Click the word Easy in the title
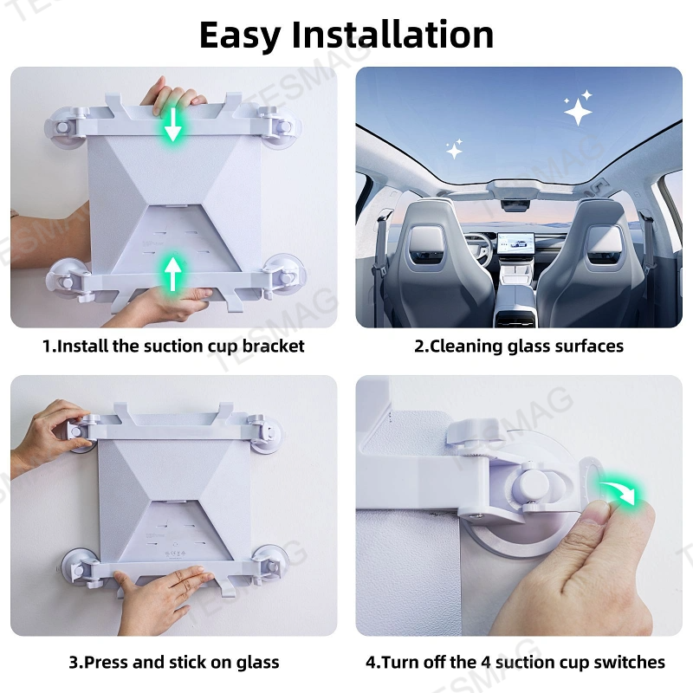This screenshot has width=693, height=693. (240, 35)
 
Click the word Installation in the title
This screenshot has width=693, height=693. (392, 35)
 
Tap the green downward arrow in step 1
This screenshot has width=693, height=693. (173, 126)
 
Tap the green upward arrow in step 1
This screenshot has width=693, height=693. (173, 272)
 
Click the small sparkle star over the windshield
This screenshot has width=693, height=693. (454, 150)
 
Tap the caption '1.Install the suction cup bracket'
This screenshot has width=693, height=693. (173, 346)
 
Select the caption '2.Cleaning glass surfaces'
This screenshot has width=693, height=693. (519, 346)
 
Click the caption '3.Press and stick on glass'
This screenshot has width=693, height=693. (173, 663)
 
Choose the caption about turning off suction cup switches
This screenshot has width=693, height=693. (515, 663)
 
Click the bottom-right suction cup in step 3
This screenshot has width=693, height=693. (270, 563)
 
